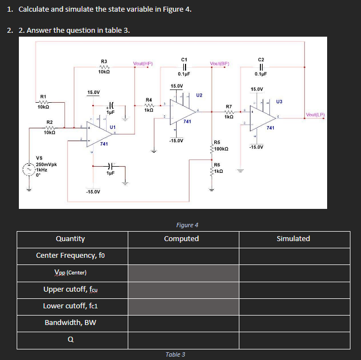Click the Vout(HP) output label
pyautogui.click(x=143, y=63)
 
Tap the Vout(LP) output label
pyautogui.click(x=315, y=115)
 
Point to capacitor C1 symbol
pyautogui.click(x=183, y=66)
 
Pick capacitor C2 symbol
pyautogui.click(x=260, y=66)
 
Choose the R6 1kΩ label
pyautogui.click(x=219, y=167)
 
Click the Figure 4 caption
pyautogui.click(x=187, y=225)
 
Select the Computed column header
pyautogui.click(x=182, y=239)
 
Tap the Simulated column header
pyautogui.click(x=293, y=239)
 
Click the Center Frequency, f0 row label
pyautogui.click(x=71, y=256)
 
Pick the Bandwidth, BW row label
pyautogui.click(x=71, y=322)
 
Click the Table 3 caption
pyautogui.click(x=176, y=354)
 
